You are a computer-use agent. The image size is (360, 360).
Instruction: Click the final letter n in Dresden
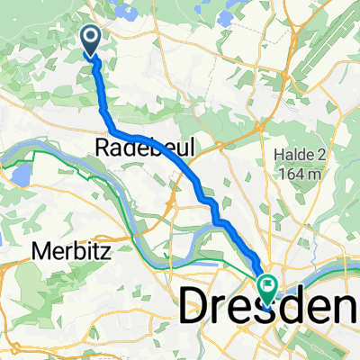[x=338, y=308]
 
